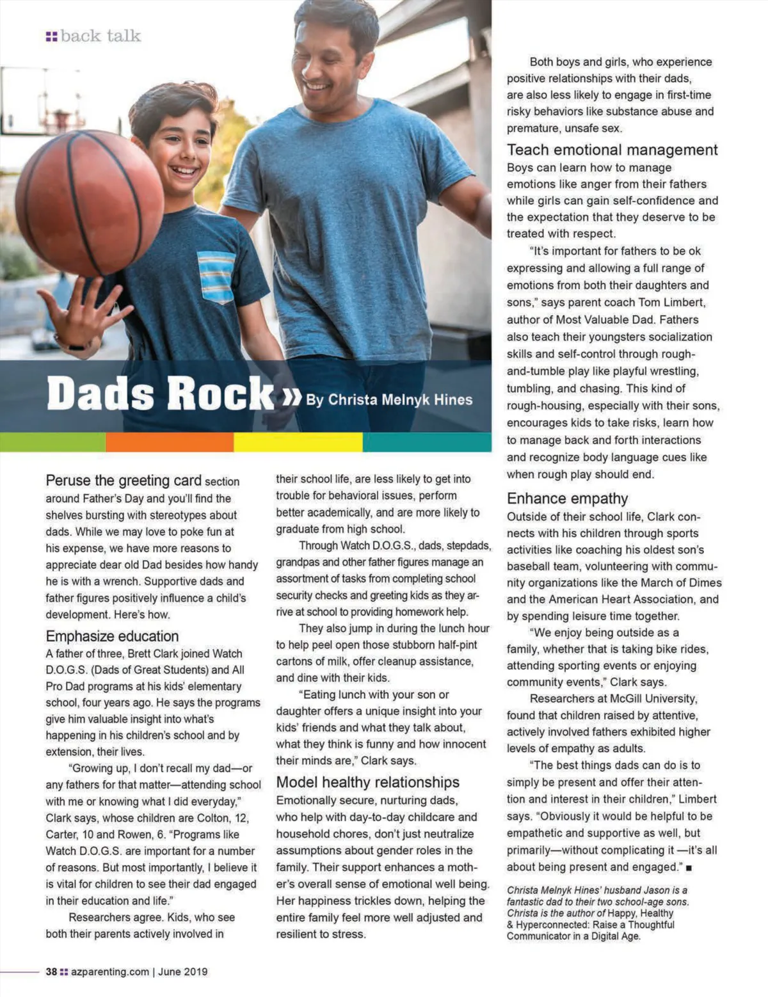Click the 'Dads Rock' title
160,393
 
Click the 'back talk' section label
100,36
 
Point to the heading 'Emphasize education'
112,636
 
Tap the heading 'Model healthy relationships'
367,782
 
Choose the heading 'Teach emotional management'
612,150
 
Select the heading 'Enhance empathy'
567,498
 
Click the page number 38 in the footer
51,971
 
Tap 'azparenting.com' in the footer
109,971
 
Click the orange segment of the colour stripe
170,442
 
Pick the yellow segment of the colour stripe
298,442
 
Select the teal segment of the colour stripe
427,442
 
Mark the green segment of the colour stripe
52,442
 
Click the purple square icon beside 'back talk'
51,36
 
